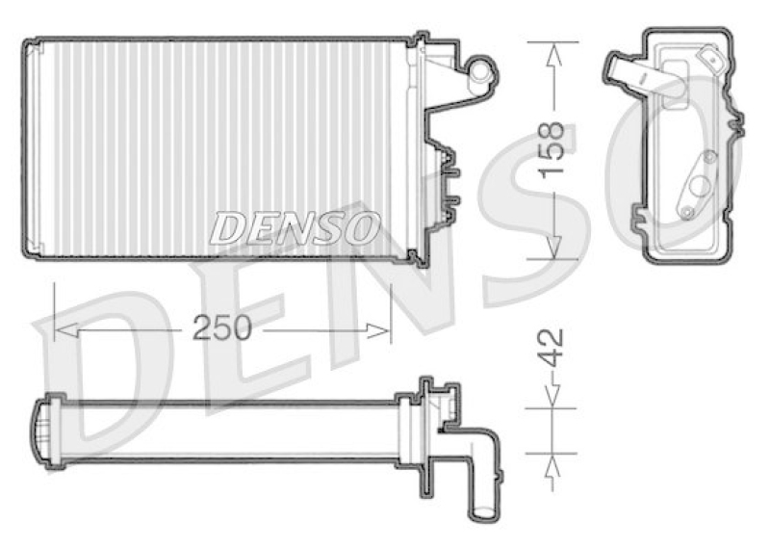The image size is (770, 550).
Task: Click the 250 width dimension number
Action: [222, 327]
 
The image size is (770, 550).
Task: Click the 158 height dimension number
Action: [550, 150]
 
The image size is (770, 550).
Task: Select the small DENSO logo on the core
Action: [295, 228]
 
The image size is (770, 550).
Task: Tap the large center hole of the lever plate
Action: [701, 184]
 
